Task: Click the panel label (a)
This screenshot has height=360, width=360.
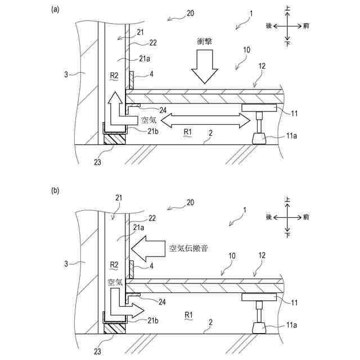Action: (55, 9)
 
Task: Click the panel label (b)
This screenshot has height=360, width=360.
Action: (55, 191)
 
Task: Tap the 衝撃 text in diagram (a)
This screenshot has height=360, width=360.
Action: (204, 41)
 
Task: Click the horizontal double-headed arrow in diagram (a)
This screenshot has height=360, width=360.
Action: (205, 119)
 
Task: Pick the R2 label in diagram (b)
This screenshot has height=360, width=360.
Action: (114, 264)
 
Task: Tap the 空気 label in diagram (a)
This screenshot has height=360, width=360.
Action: (150, 119)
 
